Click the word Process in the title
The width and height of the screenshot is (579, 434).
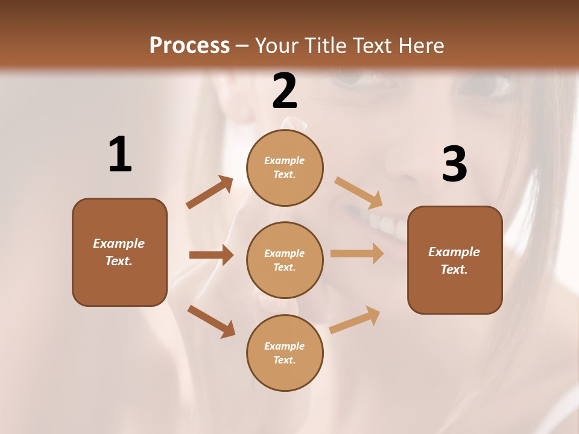point(189,45)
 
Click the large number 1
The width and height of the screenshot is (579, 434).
point(120,154)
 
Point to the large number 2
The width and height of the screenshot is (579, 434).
point(285,91)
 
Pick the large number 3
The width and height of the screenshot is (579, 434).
point(454,165)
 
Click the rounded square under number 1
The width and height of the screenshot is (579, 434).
point(119,252)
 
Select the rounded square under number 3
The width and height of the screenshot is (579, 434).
point(455,260)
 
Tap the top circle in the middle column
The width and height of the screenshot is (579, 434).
point(285,168)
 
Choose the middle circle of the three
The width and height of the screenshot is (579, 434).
point(285,260)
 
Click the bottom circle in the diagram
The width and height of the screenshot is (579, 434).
point(285,353)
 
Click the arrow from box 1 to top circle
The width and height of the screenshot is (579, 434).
point(210,192)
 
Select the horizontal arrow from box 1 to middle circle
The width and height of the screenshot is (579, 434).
point(211,255)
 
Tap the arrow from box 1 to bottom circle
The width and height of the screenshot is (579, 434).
point(211,321)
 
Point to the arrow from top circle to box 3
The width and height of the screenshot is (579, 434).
point(359,193)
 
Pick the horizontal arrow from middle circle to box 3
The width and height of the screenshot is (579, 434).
point(357,253)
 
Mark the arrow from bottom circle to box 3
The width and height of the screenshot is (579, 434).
point(355,319)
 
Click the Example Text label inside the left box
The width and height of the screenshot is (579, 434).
point(119,252)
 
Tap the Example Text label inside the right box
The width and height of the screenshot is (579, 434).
point(454,260)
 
